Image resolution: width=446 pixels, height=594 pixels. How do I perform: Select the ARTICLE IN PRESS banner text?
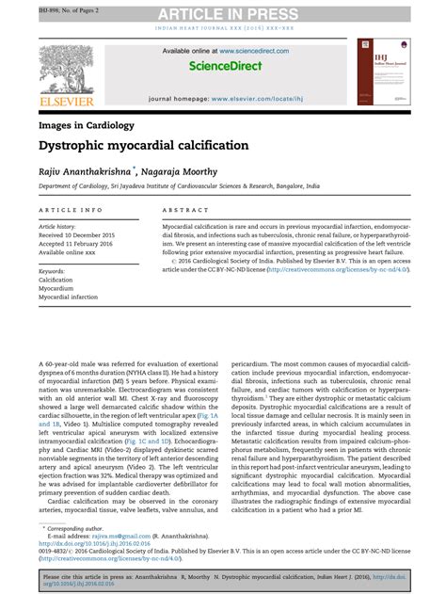point(222,12)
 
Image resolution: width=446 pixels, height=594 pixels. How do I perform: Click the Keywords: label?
point(52,271)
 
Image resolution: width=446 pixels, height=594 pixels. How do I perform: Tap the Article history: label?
point(59,228)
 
